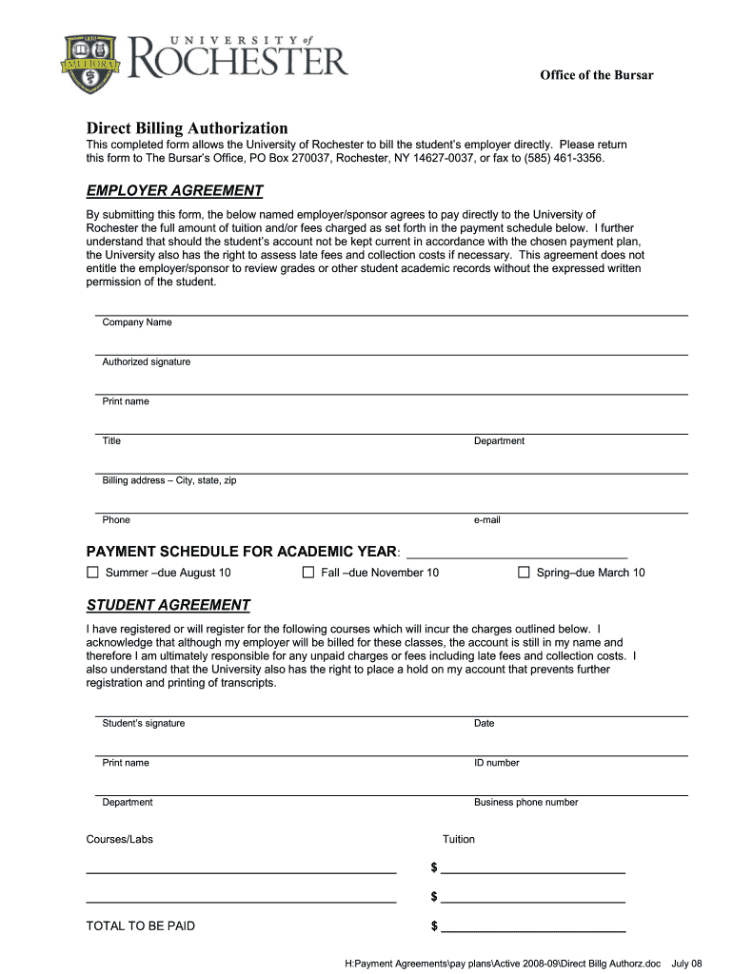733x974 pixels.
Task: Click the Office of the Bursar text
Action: tap(597, 75)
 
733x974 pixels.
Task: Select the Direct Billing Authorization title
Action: tap(187, 127)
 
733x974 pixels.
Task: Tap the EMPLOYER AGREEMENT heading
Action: tap(174, 190)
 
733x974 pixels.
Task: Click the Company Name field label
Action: tap(137, 322)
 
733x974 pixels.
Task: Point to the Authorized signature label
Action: tap(146, 361)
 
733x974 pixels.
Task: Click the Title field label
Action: tap(111, 441)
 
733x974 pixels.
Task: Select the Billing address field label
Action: tap(168, 480)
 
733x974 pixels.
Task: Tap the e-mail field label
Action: tap(486, 520)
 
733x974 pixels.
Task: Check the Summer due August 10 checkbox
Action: tap(92, 573)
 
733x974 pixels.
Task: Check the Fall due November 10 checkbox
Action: tap(307, 573)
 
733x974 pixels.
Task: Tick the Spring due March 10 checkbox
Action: tap(524, 573)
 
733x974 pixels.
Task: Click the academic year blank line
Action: tap(517, 555)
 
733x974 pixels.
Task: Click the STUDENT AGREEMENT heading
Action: tap(168, 605)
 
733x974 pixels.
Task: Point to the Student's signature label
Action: tap(143, 724)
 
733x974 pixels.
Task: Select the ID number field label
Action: tap(496, 763)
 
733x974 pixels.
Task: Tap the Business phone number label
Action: tap(525, 803)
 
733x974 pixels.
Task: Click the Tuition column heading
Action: tap(458, 839)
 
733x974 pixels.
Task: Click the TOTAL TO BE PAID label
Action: tap(140, 925)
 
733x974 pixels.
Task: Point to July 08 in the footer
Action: tap(686, 963)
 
